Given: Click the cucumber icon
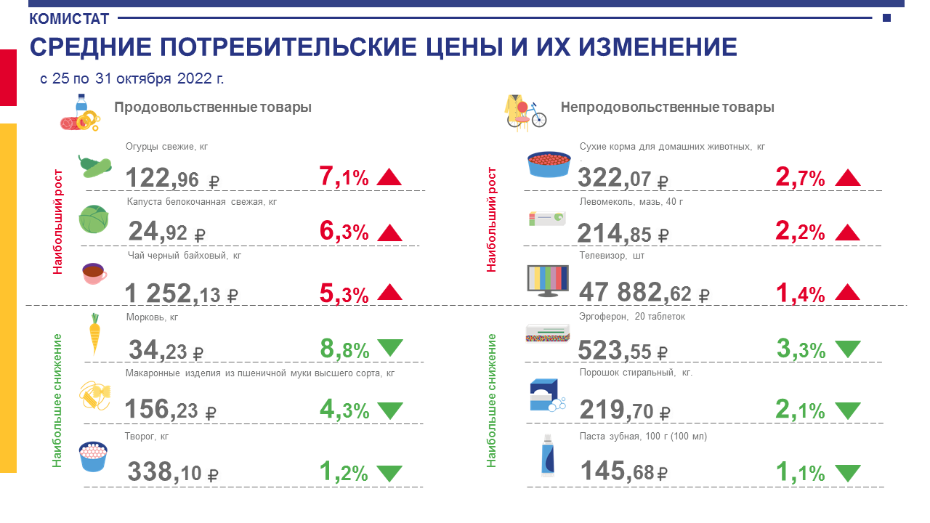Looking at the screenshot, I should [x=94, y=167].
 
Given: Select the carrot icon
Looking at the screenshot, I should [x=94, y=334].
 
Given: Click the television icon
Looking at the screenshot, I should [x=547, y=280].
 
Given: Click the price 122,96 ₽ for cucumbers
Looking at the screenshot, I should [x=172, y=178].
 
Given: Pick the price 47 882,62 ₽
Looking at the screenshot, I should [x=644, y=292].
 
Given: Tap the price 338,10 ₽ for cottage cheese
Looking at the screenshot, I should [x=173, y=472].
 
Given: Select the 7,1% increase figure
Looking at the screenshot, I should [x=344, y=177].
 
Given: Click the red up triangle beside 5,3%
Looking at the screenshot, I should [x=389, y=292].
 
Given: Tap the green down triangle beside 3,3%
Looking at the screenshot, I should [x=847, y=349].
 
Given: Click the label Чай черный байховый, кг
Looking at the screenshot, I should [x=183, y=256].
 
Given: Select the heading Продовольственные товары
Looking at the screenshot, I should [x=213, y=108].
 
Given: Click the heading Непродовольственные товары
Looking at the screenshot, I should [x=667, y=108].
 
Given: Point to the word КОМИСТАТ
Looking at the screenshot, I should [x=69, y=18].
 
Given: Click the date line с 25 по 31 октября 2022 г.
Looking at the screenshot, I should [x=132, y=78].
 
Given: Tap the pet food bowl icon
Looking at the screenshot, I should [x=549, y=164].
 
